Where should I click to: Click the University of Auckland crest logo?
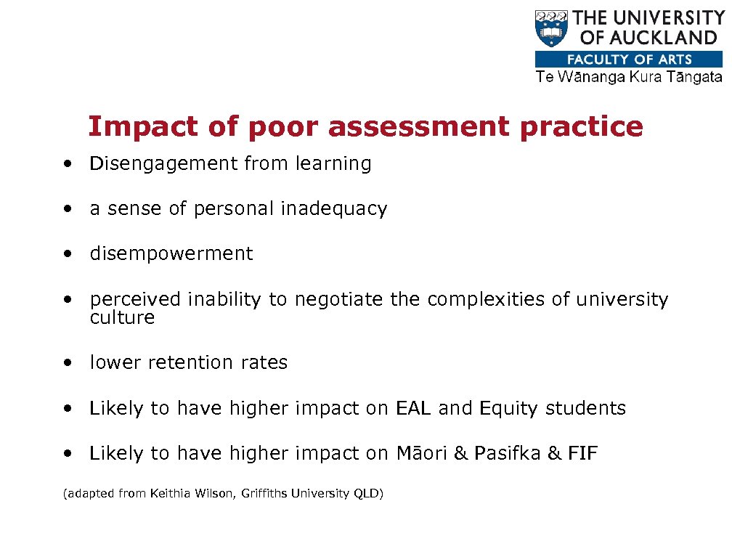pyautogui.click(x=552, y=28)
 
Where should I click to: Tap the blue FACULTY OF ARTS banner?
pyautogui.click(x=629, y=60)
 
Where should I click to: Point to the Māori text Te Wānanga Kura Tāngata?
pyautogui.click(x=629, y=77)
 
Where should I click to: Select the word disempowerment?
pyautogui.click(x=171, y=254)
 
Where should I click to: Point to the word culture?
pyautogui.click(x=122, y=318)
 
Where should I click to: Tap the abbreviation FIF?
pyautogui.click(x=583, y=454)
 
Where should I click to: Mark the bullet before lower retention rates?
pyautogui.click(x=67, y=363)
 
